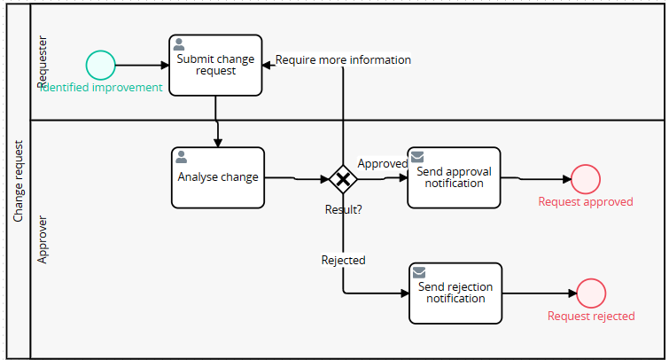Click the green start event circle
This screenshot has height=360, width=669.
pos(101,65)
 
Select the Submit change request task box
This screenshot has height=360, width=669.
pos(215,65)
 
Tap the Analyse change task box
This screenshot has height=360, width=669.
pos(218,177)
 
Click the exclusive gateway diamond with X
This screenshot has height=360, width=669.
pos(343,179)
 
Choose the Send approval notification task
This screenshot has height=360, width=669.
pos(454,177)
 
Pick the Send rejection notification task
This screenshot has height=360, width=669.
pos(455,293)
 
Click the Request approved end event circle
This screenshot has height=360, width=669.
pos(586,179)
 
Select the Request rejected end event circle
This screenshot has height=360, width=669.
pos(591,293)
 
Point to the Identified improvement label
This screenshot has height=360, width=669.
pos(101,87)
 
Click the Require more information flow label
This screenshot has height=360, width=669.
pos(343,60)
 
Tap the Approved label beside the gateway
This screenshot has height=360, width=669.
pos(382,163)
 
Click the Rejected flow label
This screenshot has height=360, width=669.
pos(343,260)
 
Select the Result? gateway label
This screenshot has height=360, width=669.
pos(343,209)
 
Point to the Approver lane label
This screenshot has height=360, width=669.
pos(43,239)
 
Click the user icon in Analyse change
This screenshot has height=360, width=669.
pos(182,157)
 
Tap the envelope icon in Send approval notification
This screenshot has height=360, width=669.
pos(417,157)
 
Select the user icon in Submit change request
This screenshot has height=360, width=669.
pos(179,44)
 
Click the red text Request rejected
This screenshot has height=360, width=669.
pos(591,316)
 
